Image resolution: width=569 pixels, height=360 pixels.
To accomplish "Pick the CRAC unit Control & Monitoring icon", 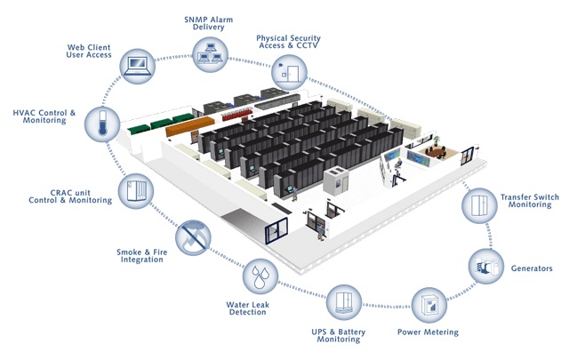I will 136,191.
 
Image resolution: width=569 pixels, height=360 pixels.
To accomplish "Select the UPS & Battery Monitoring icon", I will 343,303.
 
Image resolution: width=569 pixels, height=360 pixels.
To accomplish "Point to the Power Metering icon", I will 429,305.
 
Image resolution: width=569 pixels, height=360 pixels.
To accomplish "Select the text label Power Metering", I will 428,332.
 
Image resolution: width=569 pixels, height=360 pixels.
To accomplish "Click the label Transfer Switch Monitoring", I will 530,199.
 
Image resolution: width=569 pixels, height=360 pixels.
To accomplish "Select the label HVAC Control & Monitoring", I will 44,116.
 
